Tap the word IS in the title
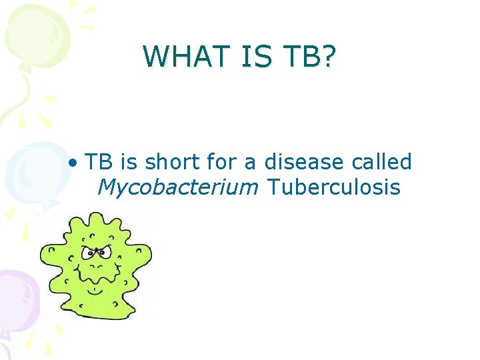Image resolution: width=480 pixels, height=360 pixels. point(249,57)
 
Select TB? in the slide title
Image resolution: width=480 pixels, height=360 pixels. point(309,57)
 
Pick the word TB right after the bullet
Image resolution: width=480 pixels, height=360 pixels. point(99,162)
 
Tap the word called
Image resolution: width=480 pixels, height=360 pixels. point(383,162)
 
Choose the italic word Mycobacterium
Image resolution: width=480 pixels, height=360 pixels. point(177,188)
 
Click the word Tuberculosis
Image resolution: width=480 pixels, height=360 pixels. point(333,187)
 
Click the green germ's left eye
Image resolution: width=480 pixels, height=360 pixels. point(88,253)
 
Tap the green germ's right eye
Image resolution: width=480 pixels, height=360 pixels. point(106,253)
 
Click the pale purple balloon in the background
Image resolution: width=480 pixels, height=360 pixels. point(17,300)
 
